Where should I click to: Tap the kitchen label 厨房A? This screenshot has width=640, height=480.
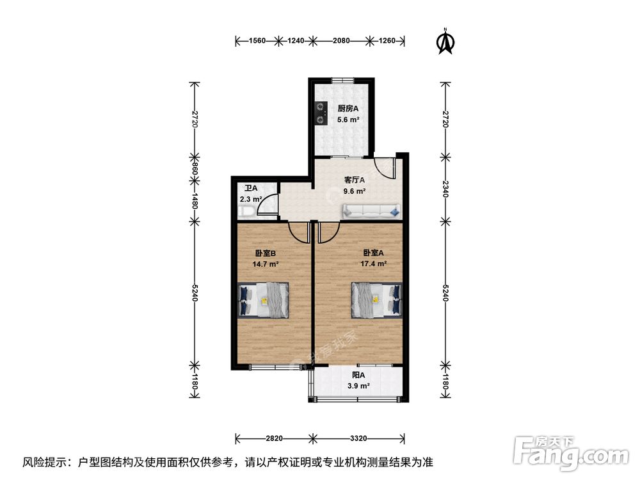330,108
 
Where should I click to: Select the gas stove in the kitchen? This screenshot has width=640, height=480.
319,113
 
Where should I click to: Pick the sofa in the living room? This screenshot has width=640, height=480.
371,211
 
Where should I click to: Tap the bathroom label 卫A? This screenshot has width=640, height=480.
251,188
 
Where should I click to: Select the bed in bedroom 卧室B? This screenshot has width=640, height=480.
263,300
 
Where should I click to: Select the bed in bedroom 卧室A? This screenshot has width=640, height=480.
376,300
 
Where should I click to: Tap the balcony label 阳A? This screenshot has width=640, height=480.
358,376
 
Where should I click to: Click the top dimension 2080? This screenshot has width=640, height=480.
341,41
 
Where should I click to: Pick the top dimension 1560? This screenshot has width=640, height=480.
257,41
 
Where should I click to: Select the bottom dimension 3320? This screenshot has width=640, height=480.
358,438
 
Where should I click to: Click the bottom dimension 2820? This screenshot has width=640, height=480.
274,438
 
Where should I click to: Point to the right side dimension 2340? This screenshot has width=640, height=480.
445,189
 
